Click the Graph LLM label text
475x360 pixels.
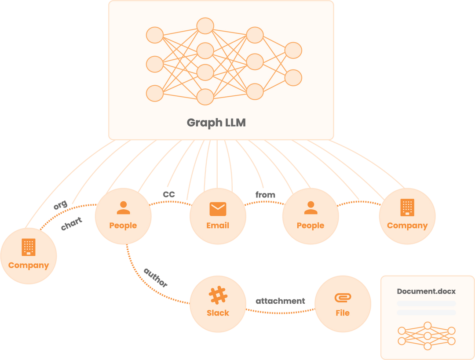[216, 123]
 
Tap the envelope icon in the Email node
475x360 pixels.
[218, 209]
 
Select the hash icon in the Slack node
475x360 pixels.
[218, 296]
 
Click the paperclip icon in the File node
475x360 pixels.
[343, 298]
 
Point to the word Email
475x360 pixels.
[218, 225]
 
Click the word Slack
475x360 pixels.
[218, 313]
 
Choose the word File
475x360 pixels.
[343, 313]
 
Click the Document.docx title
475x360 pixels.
[426, 291]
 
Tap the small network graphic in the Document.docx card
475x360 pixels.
[427, 335]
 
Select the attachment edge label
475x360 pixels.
[280, 302]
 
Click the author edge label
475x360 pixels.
[155, 277]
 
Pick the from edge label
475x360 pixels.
[265, 194]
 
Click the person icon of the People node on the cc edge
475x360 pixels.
[124, 208]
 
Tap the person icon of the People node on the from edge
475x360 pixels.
[311, 208]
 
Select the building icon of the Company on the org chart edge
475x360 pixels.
[29, 247]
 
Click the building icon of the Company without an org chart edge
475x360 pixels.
[407, 207]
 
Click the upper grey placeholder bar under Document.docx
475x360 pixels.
[426, 304]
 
